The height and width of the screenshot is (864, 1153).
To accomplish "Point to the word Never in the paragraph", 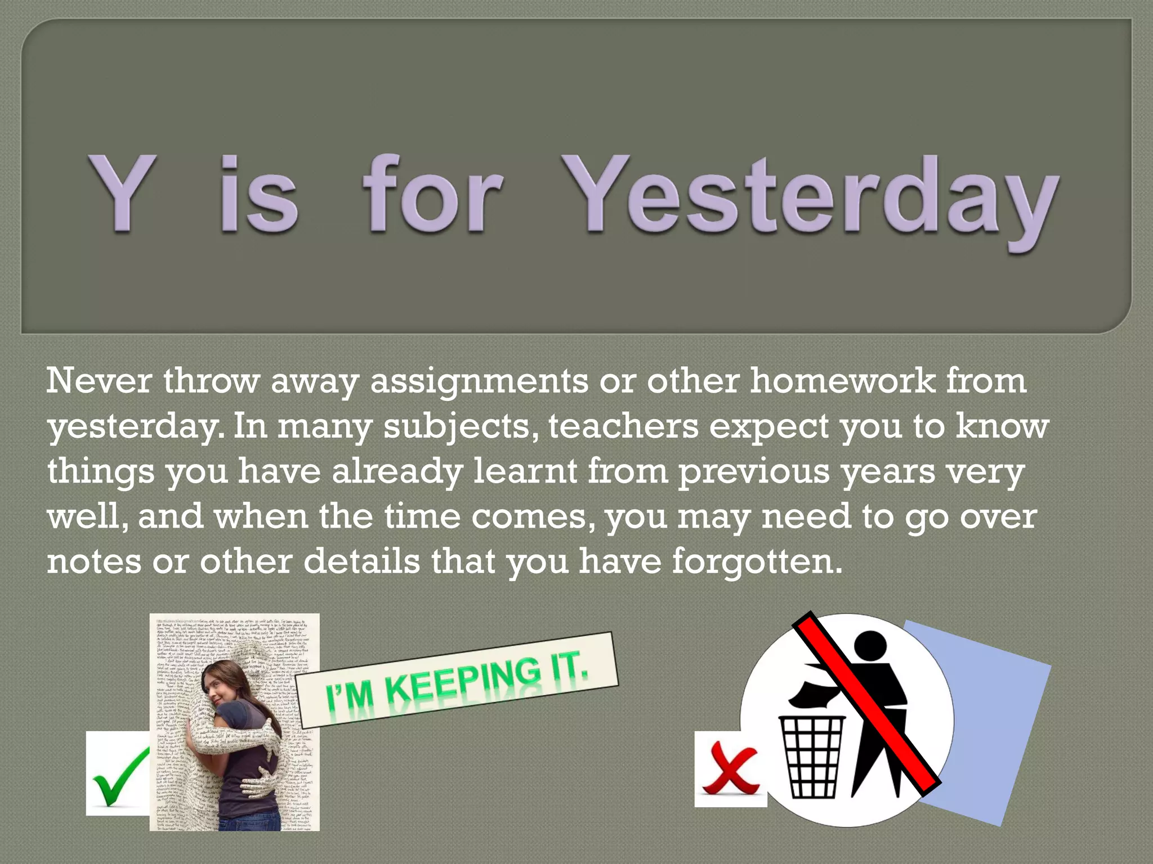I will tap(99, 381).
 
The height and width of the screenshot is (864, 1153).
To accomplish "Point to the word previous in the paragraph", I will tap(754, 472).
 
